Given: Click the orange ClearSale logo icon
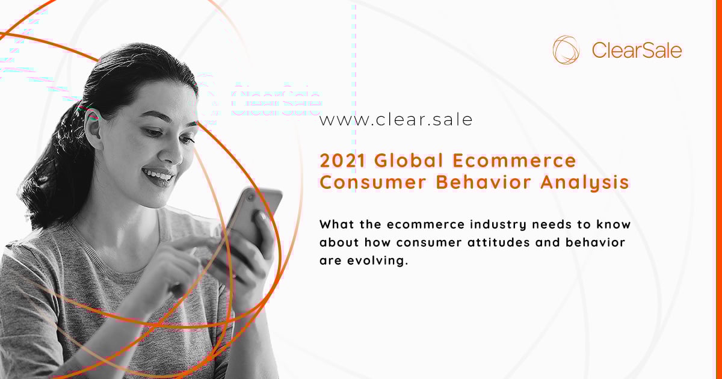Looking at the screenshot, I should click(566, 49).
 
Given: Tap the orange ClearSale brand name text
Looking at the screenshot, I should click(637, 51).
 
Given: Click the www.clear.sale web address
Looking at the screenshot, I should click(396, 120).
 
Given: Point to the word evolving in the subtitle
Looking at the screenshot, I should click(374, 262).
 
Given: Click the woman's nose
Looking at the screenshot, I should click(173, 152).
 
